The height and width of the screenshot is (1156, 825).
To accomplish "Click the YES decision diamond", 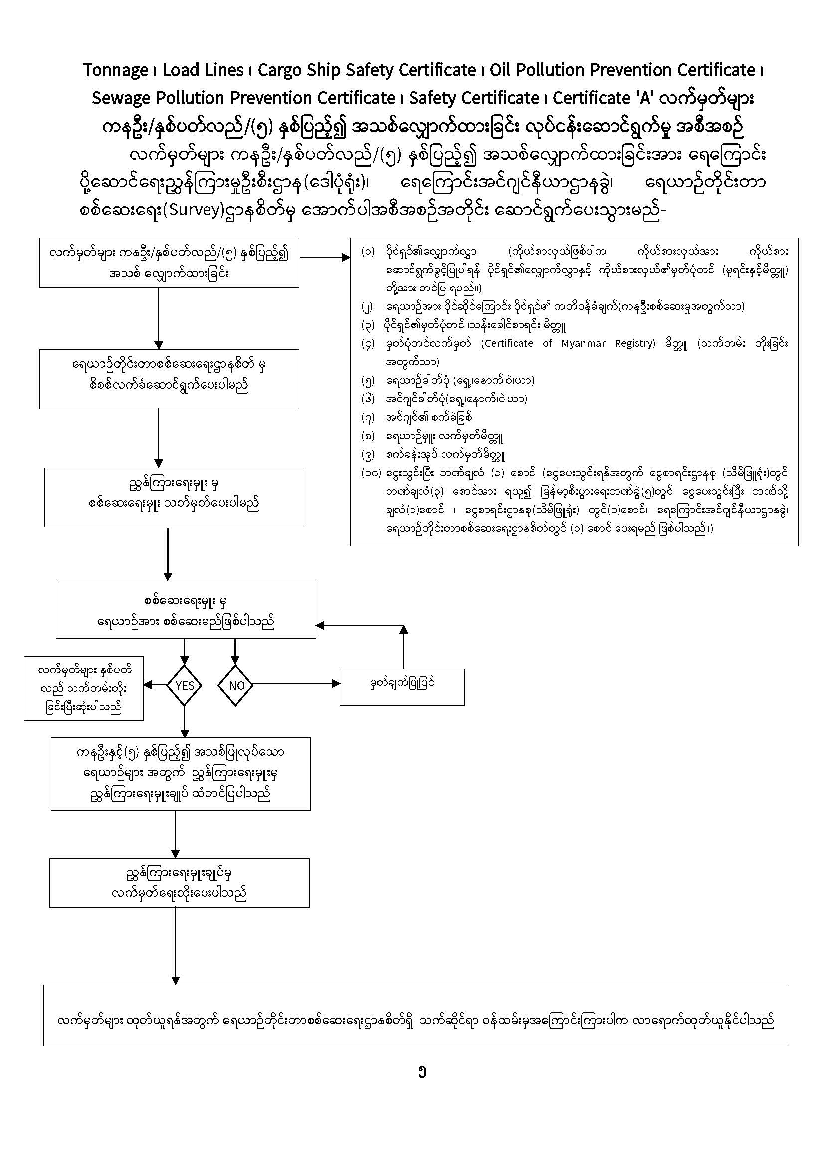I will (x=184, y=685).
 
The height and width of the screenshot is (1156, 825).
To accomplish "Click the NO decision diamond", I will (x=236, y=685).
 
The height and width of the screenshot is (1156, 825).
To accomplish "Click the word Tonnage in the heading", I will (x=115, y=71).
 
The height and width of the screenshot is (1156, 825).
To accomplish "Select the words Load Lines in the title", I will (x=203, y=71).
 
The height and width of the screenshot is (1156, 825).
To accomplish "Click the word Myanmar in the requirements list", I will (x=583, y=343).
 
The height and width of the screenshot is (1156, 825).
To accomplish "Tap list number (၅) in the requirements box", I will (x=368, y=381).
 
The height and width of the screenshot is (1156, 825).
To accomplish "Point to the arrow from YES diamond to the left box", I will (x=155, y=685).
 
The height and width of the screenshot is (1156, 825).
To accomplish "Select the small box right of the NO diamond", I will (x=402, y=687).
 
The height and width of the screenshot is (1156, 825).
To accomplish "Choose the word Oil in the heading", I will (x=501, y=71).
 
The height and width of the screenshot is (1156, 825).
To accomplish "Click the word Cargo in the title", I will (x=278, y=71).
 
